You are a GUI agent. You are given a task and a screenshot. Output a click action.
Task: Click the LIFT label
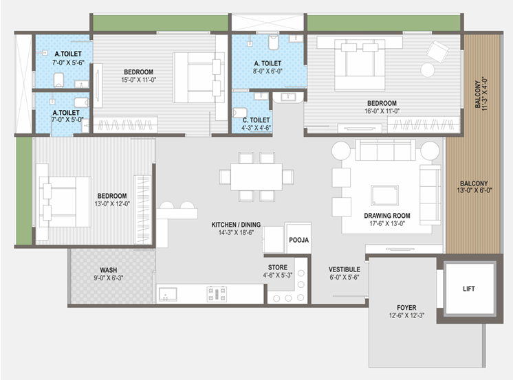coord(468,289)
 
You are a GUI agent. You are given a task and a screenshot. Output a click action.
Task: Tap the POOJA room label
coord(298,240)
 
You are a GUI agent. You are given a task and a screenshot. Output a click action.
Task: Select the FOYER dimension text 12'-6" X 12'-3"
coord(406,315)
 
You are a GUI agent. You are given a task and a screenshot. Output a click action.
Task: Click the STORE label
coord(277,267)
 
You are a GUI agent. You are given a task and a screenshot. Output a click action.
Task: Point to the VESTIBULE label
coord(345,269)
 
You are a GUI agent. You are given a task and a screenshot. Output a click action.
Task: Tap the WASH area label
coord(108,270)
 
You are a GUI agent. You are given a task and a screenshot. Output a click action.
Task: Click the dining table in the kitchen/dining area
coord(256,177)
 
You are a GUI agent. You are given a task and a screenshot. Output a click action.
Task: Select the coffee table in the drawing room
coord(384,196)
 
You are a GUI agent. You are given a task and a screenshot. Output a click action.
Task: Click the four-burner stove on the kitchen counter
coord(217,293)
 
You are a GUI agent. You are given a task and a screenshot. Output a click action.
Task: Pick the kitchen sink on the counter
coord(168,294)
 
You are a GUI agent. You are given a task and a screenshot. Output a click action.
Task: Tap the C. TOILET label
coord(256,120)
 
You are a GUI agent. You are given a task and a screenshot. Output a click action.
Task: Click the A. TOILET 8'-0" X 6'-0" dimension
coord(268,71)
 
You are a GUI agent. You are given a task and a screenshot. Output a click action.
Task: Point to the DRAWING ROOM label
coord(387,216)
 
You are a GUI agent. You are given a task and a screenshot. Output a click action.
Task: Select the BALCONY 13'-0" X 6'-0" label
coord(474,187)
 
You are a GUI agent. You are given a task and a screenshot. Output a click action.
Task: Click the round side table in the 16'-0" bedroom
coord(427,69)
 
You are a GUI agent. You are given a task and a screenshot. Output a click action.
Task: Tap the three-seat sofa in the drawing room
coord(385,150)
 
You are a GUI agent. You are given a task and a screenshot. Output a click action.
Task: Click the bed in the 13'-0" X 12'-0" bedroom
coord(65,202)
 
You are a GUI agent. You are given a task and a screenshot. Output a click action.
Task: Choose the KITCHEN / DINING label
coord(236,225)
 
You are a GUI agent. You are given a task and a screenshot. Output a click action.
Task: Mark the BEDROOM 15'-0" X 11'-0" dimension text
coord(139,80)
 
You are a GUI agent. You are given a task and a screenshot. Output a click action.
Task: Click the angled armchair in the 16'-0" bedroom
coord(437,51)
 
